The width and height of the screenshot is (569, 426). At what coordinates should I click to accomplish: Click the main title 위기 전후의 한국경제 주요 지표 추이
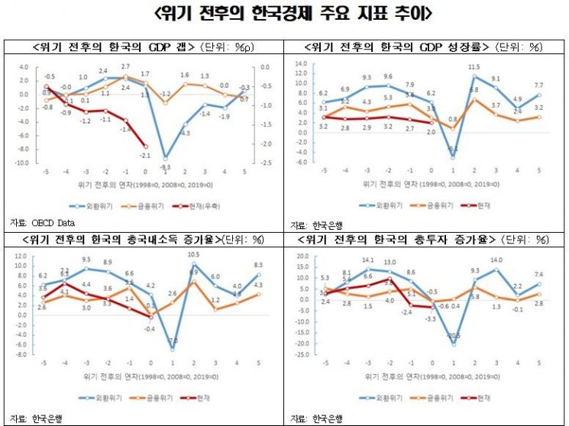[x=284, y=15]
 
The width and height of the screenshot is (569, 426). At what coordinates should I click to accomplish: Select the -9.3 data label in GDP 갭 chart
[x=165, y=166]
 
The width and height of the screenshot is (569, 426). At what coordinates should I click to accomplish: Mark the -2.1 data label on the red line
[x=145, y=156]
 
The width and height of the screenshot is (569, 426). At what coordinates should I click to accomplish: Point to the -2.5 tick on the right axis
[x=263, y=163]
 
